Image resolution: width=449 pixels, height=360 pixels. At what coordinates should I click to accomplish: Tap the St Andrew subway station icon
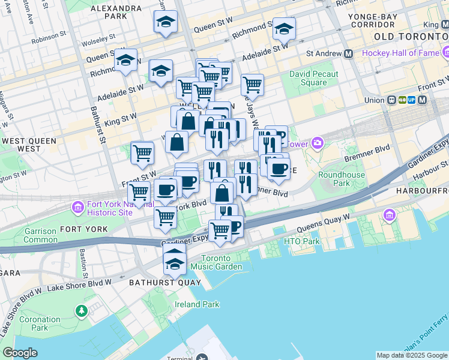click(348, 53)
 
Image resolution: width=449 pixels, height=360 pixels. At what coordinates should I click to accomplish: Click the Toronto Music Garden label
click(221, 262)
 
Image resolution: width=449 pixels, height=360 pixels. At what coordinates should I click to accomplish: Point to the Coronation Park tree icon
click(80, 311)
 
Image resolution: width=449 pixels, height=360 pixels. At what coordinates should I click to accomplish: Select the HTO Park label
click(302, 242)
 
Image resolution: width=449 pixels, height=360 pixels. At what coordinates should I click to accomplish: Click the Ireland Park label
click(197, 304)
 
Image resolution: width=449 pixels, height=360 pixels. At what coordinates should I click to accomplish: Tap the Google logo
click(20, 352)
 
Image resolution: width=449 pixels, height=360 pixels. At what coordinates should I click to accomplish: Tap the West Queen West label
click(29, 145)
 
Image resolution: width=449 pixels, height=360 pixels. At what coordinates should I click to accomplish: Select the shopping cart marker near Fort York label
click(165, 217)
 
